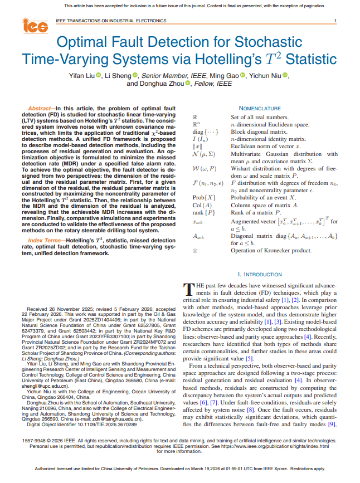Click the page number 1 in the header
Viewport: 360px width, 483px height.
pos(335,21)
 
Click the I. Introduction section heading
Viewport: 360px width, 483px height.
pos(259,275)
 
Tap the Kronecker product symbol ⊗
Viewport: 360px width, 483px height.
pos(194,251)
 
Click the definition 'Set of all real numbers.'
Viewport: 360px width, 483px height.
pos(259,117)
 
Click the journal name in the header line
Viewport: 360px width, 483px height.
pos(111,21)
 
